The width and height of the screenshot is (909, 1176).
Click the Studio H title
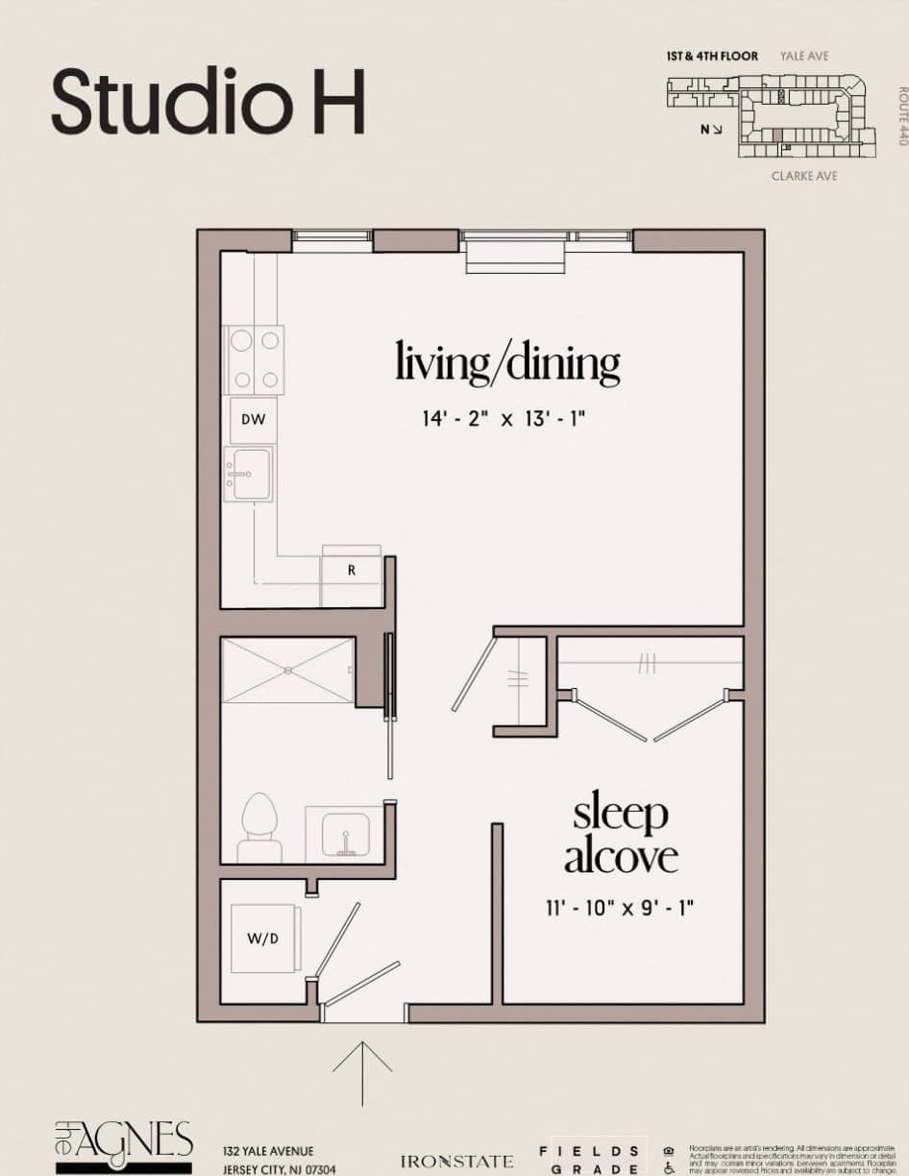(209, 101)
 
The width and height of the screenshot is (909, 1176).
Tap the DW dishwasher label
(253, 420)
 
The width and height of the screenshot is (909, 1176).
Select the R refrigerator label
(352, 570)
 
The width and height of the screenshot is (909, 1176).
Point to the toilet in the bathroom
(258, 827)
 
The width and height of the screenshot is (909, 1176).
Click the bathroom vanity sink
(343, 833)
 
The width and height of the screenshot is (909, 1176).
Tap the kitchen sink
(249, 474)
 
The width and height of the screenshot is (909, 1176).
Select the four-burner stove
(255, 359)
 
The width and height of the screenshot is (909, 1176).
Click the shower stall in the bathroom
(288, 671)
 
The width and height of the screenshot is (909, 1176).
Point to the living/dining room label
(507, 363)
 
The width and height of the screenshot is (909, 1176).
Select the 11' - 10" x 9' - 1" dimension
(618, 906)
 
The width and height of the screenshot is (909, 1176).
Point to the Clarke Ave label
(804, 176)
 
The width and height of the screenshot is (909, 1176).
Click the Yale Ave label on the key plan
(804, 57)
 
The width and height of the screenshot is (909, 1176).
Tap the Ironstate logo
(456, 1162)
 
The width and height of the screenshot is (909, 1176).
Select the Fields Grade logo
(590, 1160)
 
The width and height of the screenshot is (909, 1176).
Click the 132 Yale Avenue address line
(268, 1151)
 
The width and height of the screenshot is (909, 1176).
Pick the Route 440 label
(902, 116)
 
